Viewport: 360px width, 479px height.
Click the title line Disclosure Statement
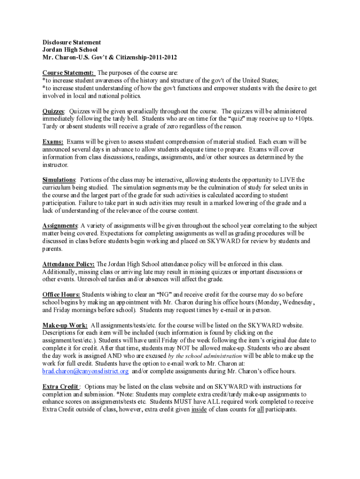pos(72,42)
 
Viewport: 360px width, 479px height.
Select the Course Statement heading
pos(68,73)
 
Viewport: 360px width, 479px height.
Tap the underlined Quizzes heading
pos(53,111)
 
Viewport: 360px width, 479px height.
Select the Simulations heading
pos(59,180)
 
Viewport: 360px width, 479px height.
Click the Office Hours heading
pos(61,295)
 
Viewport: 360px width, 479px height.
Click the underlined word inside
pos(200,409)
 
